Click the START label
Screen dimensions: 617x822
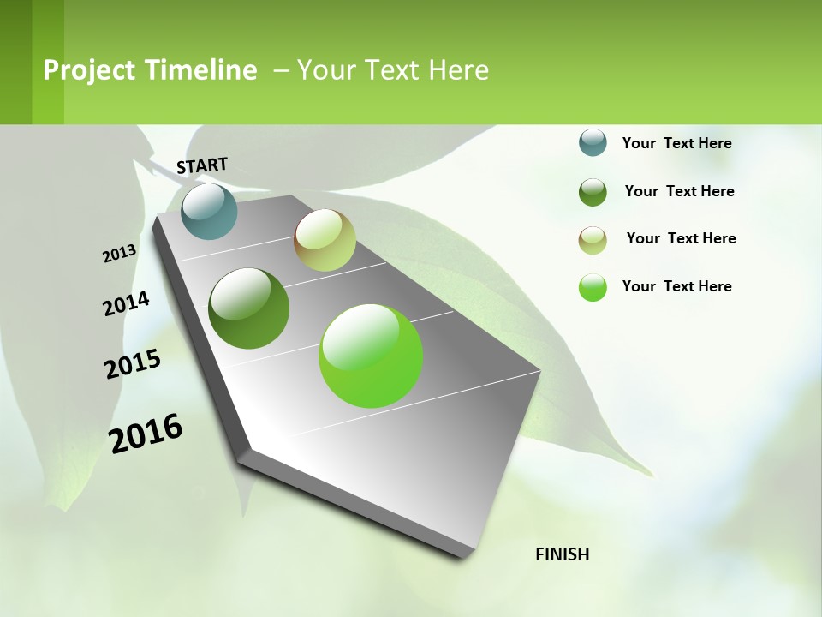(202, 165)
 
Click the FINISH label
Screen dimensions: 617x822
(563, 554)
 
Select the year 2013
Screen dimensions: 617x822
(120, 254)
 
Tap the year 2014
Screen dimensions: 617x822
(127, 303)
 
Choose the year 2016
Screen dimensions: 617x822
(146, 434)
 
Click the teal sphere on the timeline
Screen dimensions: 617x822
(209, 211)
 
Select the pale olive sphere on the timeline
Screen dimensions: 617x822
(325, 240)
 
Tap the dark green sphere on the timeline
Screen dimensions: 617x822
(249, 308)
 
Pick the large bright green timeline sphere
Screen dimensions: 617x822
(371, 355)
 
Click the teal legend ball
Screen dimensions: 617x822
(593, 142)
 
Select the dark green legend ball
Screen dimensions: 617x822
(593, 192)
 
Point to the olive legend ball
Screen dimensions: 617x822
(593, 240)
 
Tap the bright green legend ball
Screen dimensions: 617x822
(593, 287)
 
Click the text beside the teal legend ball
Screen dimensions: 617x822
(676, 143)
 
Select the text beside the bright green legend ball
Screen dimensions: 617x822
(676, 286)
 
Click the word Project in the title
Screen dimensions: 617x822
(90, 70)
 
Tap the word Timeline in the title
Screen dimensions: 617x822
(200, 70)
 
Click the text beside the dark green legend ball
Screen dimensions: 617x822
(679, 191)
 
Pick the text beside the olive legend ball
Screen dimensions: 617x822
(681, 238)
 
